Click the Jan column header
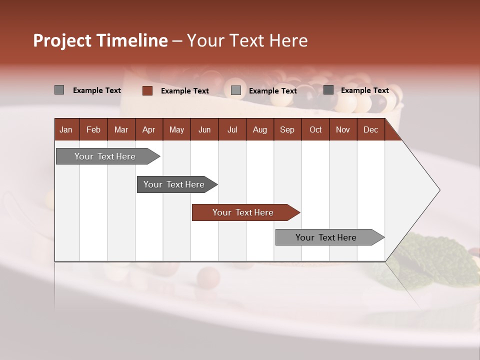66,130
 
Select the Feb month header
93,130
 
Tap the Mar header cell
121,130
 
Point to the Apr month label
148,130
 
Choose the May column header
176,130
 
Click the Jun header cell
204,130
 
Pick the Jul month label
232,130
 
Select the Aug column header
259,130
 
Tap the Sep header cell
287,130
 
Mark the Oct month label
315,130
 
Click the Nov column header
343,130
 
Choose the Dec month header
370,130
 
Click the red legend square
147,90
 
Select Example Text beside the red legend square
184,91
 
